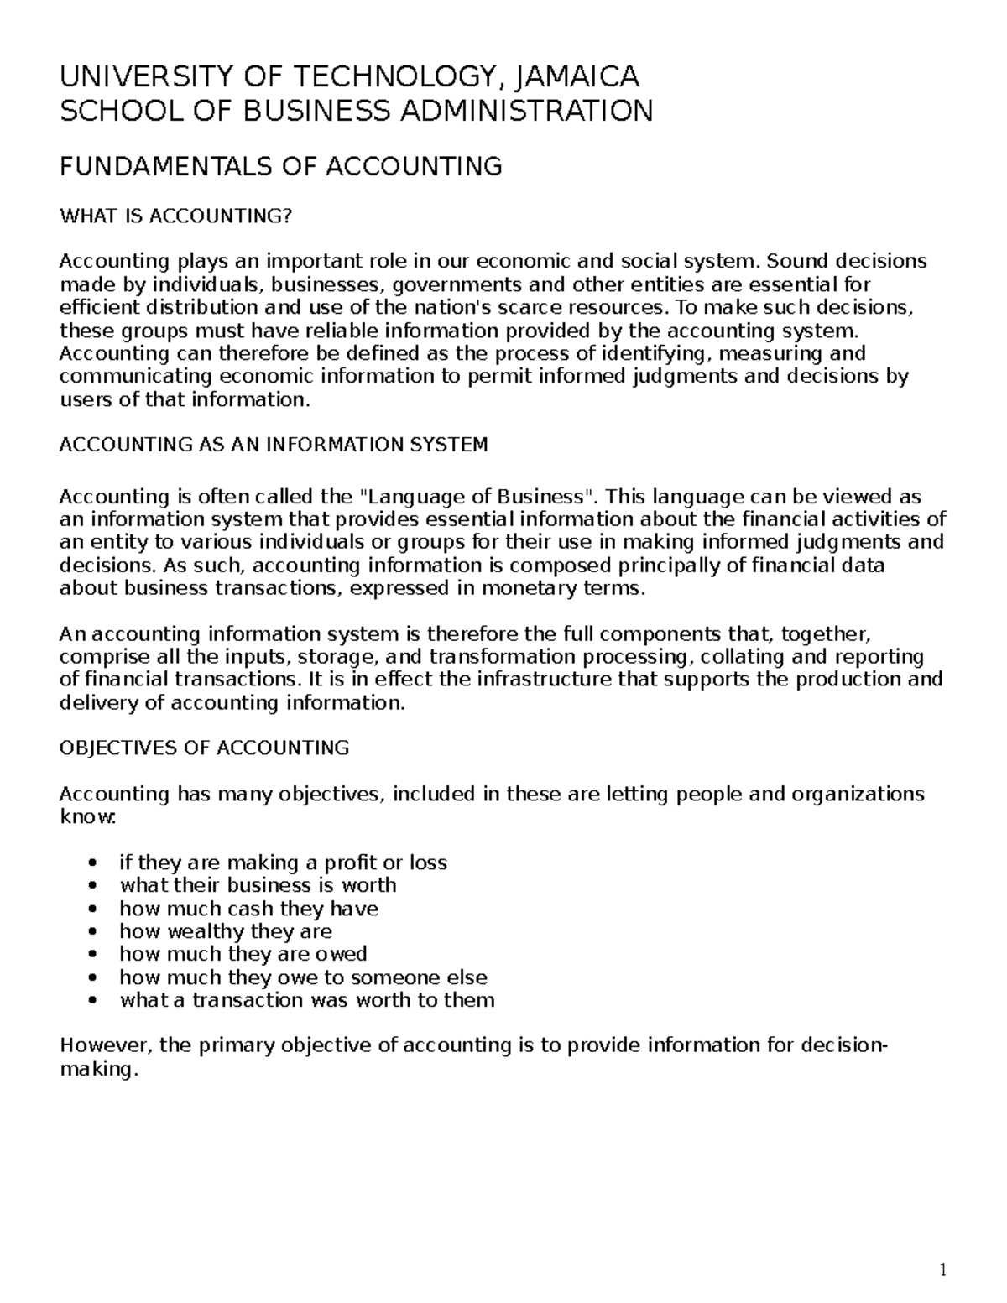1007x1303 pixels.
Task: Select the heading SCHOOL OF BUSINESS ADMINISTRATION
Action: (356, 110)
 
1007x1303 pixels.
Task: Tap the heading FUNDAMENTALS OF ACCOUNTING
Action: (280, 166)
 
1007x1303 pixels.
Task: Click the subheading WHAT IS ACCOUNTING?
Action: (175, 216)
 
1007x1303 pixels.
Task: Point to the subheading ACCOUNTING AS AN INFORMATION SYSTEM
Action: (274, 445)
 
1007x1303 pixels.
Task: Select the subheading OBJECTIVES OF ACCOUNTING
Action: (204, 748)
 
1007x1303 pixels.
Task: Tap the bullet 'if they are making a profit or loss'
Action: (283, 863)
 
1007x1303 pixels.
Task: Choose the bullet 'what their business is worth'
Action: (258, 885)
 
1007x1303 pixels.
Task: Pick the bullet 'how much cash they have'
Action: (248, 909)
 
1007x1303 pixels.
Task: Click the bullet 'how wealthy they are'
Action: (226, 931)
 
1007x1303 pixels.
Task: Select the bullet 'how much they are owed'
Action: (243, 954)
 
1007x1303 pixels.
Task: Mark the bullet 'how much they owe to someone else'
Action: (303, 977)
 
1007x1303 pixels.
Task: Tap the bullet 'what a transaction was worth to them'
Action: (307, 1000)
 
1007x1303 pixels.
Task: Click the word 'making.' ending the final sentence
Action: (97, 1070)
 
